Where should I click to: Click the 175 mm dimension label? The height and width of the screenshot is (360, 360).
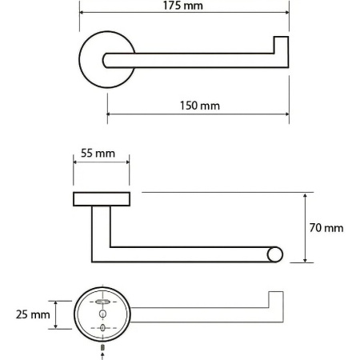coord(183,6)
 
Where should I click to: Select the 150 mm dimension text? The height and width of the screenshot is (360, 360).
coord(200,106)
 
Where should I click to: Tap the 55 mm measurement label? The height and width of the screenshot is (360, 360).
coord(98,154)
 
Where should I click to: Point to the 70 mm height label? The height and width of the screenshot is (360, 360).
coord(326,228)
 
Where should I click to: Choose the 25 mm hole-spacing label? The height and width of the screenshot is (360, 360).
coord(33,314)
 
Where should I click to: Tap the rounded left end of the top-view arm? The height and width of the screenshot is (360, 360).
coord(106,61)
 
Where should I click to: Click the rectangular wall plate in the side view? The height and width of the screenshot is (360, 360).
coord(102,199)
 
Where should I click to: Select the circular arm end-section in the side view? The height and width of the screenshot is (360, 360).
coord(274,254)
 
